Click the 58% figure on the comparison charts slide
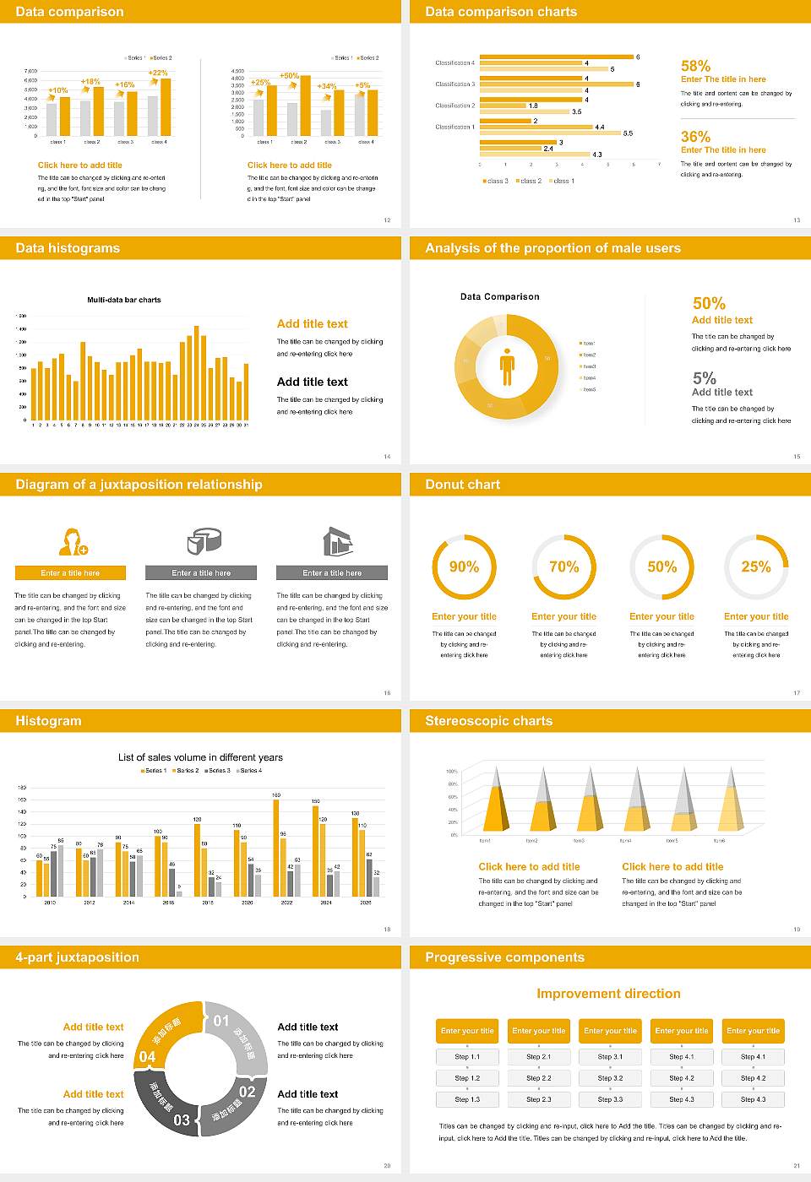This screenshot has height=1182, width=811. tap(695, 66)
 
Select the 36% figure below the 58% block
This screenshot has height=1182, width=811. tap(695, 137)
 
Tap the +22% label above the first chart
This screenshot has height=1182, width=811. tap(158, 73)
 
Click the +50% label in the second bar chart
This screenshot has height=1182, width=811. tap(289, 76)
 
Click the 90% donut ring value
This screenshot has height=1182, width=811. tap(464, 567)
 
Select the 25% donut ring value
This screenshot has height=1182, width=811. tap(756, 567)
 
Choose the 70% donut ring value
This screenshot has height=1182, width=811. tap(564, 567)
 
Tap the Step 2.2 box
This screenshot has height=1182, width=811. tap(539, 1078)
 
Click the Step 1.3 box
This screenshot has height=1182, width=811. tap(467, 1099)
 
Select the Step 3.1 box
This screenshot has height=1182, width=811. tap(610, 1057)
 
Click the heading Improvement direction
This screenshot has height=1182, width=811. tap(608, 994)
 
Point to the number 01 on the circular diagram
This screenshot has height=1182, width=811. tap(221, 1021)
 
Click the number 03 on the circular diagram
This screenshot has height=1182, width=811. tap(182, 1120)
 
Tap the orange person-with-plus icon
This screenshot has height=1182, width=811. tap(73, 541)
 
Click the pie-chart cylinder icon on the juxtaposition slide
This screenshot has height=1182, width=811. tap(203, 541)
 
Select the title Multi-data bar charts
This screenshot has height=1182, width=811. tap(124, 300)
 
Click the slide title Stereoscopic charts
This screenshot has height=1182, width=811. tap(488, 721)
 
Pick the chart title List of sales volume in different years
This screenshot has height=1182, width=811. tap(200, 757)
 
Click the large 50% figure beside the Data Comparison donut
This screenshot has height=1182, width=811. tap(709, 303)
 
